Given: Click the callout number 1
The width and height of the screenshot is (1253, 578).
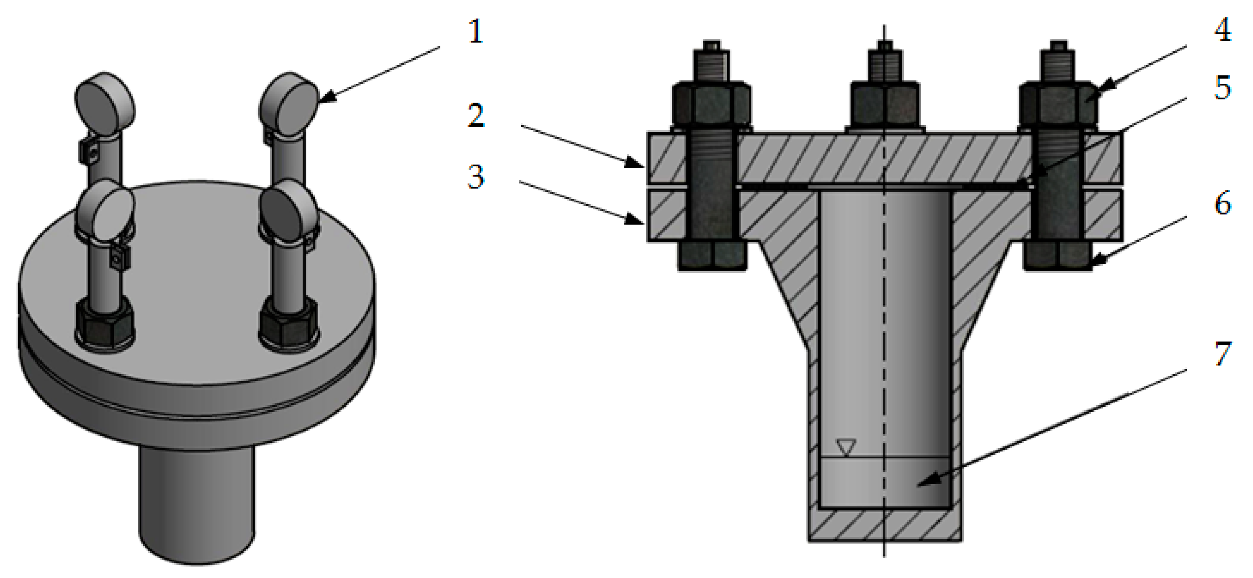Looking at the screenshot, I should click(x=476, y=32).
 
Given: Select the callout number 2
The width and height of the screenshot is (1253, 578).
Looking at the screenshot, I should click(x=476, y=116).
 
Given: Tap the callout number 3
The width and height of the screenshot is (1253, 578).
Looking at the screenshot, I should click(x=476, y=177).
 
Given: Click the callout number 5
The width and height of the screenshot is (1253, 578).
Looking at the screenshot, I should click(x=1222, y=88).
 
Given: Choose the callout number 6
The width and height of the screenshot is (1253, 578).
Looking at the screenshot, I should click(x=1222, y=203).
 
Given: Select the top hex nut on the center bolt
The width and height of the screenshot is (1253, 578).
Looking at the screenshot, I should click(x=884, y=105).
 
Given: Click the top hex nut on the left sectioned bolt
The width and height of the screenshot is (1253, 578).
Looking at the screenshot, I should click(x=711, y=105).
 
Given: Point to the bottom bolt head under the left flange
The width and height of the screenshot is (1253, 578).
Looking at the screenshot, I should click(x=712, y=256).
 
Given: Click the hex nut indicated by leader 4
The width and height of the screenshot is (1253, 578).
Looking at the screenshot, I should click(x=1058, y=105).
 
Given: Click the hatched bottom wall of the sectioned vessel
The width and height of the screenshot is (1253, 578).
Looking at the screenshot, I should click(x=884, y=526).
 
